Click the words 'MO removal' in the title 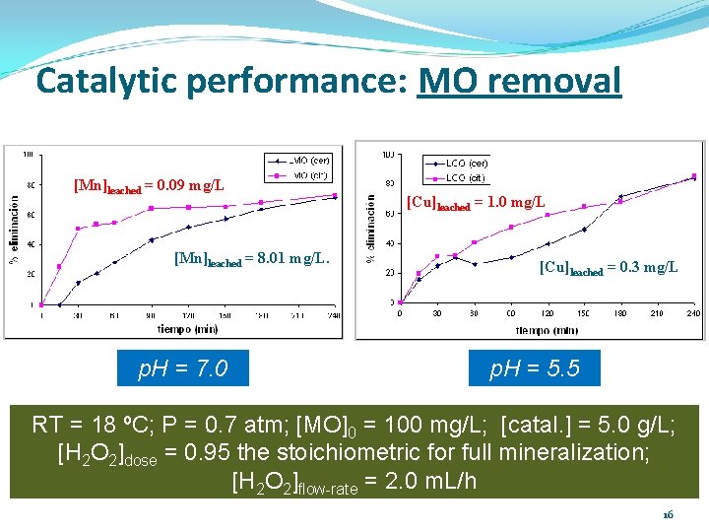519,81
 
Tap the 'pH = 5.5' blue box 536,368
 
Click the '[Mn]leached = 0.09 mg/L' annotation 149,185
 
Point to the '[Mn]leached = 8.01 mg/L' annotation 250,260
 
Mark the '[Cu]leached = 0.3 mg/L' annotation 609,268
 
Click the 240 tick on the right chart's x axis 693,313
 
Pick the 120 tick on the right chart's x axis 547,313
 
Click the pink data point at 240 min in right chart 693,176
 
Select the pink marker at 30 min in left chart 79,229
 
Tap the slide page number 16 668,514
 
